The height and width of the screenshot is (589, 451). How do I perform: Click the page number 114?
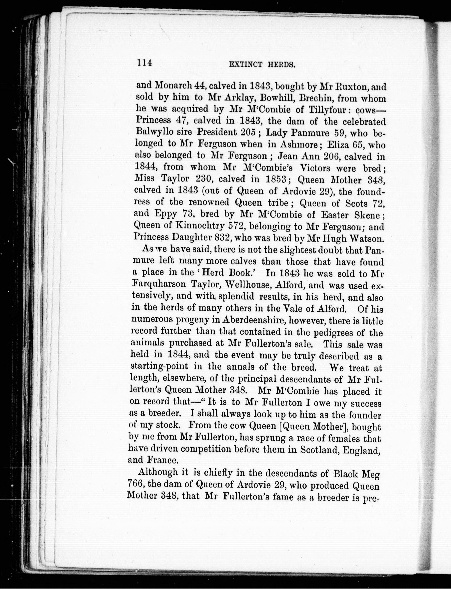(144, 63)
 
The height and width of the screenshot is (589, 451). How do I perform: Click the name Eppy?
(166, 214)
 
